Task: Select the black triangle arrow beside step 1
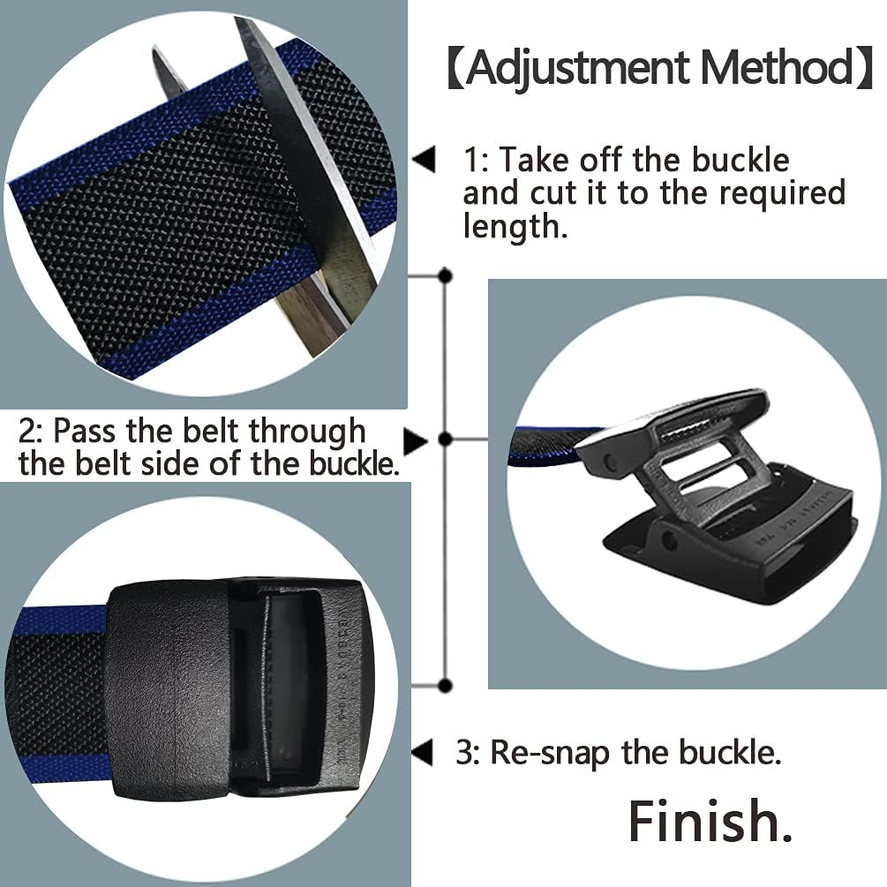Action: [x=425, y=162]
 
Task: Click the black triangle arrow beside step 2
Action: [x=416, y=439]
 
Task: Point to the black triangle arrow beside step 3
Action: [x=423, y=753]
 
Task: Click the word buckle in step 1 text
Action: [x=740, y=161]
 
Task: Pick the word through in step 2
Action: [x=306, y=431]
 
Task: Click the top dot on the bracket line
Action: [x=445, y=276]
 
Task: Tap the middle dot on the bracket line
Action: [x=445, y=439]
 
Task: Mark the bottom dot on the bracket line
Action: [x=445, y=685]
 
